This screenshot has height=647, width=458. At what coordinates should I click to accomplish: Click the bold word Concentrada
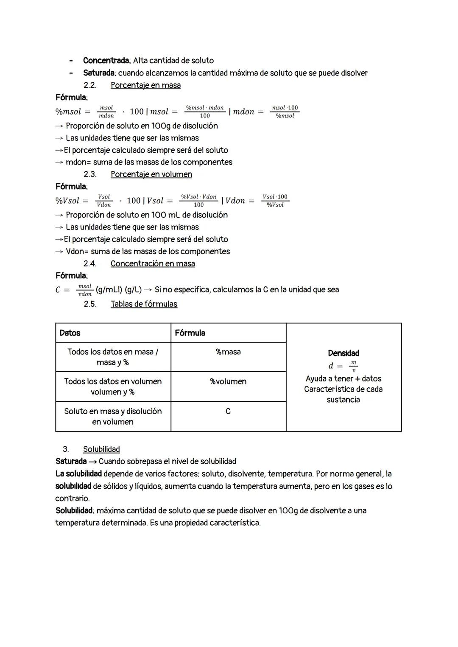(106, 61)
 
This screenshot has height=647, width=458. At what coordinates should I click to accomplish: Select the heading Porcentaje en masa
(145, 85)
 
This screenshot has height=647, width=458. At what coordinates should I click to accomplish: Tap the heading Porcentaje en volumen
(151, 174)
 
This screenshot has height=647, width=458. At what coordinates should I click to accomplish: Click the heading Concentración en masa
(153, 264)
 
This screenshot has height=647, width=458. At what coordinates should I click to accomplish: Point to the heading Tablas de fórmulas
(144, 304)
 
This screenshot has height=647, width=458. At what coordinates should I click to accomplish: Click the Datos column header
(70, 333)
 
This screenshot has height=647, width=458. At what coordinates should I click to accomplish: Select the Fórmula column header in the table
(190, 333)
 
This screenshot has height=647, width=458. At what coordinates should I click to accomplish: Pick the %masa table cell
(228, 352)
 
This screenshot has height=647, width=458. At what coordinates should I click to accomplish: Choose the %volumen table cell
(228, 382)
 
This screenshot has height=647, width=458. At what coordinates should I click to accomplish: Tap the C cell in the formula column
(228, 412)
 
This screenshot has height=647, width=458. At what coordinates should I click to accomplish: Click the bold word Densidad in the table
(343, 353)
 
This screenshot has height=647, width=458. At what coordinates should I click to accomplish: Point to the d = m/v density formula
(343, 366)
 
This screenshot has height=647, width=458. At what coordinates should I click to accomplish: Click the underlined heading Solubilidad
(101, 449)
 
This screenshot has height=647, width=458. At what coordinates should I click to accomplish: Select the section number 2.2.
(90, 85)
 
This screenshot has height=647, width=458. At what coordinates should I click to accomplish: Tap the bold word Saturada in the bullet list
(99, 73)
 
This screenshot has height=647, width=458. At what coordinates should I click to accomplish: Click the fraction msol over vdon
(85, 290)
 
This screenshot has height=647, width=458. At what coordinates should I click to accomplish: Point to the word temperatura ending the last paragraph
(78, 523)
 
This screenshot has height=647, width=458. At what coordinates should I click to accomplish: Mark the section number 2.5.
(90, 304)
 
